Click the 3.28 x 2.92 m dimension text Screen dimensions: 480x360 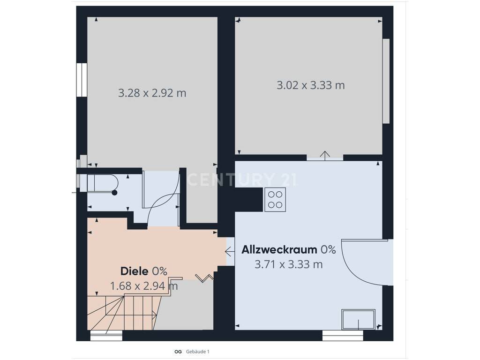[152, 93]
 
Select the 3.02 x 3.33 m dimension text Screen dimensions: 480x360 [311, 85]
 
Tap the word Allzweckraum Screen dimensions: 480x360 [279, 249]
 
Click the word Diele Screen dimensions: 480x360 [135, 271]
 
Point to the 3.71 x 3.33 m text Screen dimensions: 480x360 [289, 264]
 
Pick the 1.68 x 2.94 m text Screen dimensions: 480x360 [144, 286]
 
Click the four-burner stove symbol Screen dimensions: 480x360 [275, 200]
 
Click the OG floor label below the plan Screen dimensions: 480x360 [178, 352]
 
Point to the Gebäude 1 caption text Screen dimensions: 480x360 [197, 352]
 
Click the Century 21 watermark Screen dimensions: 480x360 [241, 180]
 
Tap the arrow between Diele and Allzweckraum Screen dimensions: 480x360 [230, 252]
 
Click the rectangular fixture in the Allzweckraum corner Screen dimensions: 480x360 [358, 319]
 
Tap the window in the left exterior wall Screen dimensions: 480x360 [82, 80]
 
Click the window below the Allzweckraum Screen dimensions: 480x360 [343, 336]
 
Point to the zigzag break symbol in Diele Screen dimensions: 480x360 [204, 278]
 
